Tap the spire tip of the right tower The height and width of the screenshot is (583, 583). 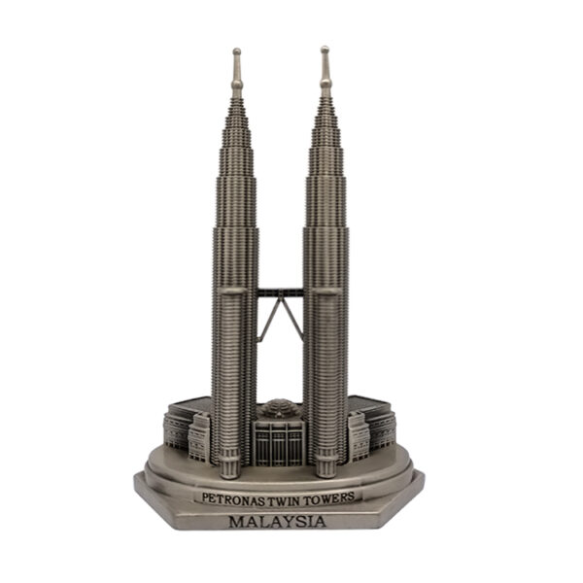coord(326,50)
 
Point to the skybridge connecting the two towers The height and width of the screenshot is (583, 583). coord(281,289)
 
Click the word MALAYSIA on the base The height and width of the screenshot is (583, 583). coord(279,523)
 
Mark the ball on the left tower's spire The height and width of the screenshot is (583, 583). coord(236,85)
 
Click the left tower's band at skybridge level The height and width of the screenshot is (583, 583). coord(235,290)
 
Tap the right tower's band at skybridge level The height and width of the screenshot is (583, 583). coord(326,289)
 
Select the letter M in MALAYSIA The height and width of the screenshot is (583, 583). coord(236,523)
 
